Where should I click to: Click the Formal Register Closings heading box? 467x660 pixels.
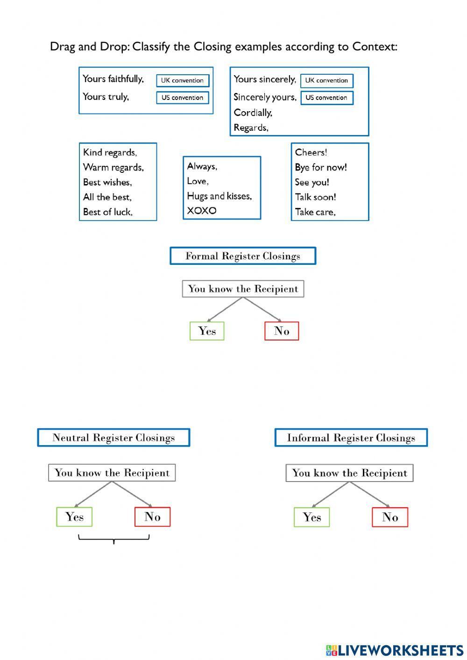coord(243,256)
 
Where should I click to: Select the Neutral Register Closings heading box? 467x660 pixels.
coord(113,438)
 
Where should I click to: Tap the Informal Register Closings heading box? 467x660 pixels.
coord(351,438)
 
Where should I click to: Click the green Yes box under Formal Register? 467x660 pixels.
coord(207,331)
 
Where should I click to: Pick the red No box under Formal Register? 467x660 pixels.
coord(282,331)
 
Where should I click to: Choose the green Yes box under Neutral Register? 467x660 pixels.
coord(74,517)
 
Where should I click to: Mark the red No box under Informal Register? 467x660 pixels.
coord(390,517)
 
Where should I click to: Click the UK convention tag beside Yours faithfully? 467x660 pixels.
coord(182,80)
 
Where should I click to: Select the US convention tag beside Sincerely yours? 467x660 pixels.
coord(326,98)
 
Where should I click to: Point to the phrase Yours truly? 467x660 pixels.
coord(106,97)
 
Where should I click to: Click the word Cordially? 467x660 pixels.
coord(253,113)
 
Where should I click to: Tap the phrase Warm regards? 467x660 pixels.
coord(113,167)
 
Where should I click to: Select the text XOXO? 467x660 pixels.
coord(202,211)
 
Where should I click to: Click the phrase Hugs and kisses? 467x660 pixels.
coord(219,196)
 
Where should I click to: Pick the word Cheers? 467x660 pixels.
coord(311,152)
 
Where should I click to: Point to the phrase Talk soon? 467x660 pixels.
coord(315,197)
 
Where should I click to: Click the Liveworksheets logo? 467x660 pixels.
coord(394,650)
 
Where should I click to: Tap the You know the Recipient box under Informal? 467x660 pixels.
coord(349,473)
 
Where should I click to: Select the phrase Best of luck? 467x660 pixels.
coord(107,212)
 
